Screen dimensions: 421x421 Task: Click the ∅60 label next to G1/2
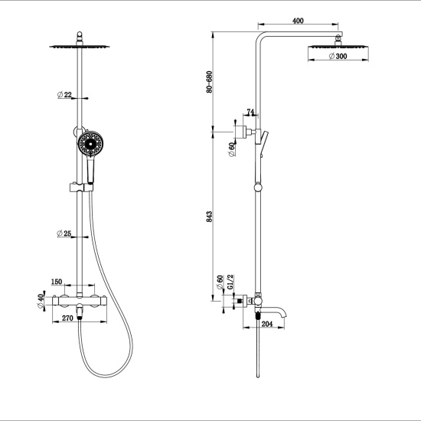(219, 282)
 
